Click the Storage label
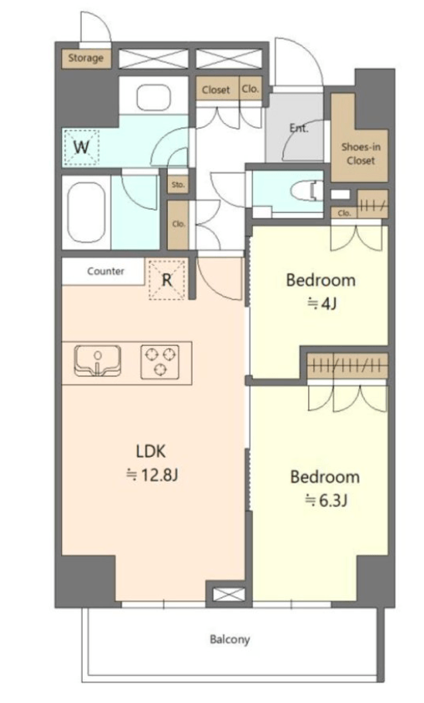pyautogui.click(x=86, y=58)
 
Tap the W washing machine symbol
pyautogui.click(x=81, y=146)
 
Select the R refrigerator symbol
pyautogui.click(x=166, y=279)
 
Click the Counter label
pyautogui.click(x=106, y=271)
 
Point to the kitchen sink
pyautogui.click(x=97, y=361)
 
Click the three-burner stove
pyautogui.click(x=160, y=362)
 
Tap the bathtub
pyautogui.click(x=87, y=212)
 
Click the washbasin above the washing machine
pyautogui.click(x=153, y=98)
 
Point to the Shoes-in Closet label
pyautogui.click(x=361, y=153)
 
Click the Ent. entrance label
pyautogui.click(x=299, y=129)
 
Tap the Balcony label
pyautogui.click(x=230, y=639)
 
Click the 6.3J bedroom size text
pyautogui.click(x=326, y=500)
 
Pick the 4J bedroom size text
pyautogui.click(x=322, y=304)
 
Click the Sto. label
pyautogui.click(x=178, y=184)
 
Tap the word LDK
pyautogui.click(x=151, y=451)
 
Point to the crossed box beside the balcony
pyautogui.click(x=228, y=595)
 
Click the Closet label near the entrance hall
pyautogui.click(x=216, y=90)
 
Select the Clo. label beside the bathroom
pyautogui.click(x=179, y=224)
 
